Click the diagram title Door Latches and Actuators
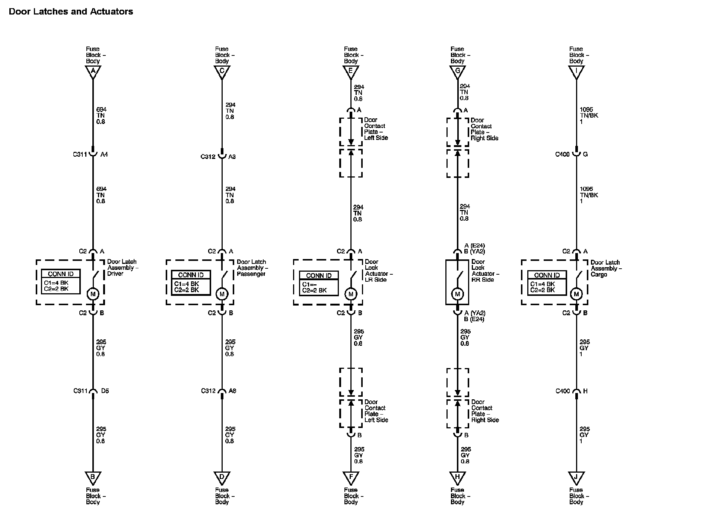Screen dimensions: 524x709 coord(71,12)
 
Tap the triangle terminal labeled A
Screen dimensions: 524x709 coord(93,71)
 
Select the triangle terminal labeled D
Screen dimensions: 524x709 coord(222,477)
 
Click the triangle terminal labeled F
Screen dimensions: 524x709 coord(351,477)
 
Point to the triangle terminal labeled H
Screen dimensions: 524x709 coord(458,477)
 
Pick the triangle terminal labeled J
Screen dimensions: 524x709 coord(576,477)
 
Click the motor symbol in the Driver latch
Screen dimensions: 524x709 coord(93,294)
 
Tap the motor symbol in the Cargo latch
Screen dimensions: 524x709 coord(576,294)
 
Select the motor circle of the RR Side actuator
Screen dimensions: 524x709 coord(458,294)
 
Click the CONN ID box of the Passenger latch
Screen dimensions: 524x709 coord(191,283)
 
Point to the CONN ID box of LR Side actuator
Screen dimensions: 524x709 coord(319,283)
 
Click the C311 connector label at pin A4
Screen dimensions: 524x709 coord(80,154)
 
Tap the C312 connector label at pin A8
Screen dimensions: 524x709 coord(208,391)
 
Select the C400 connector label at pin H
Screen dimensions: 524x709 coord(563,391)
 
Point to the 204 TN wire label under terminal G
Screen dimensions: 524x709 coord(464,92)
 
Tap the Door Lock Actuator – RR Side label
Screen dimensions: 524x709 coord(485,271)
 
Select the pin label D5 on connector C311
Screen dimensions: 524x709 coord(105,391)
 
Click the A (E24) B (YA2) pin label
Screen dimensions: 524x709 coord(474,248)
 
